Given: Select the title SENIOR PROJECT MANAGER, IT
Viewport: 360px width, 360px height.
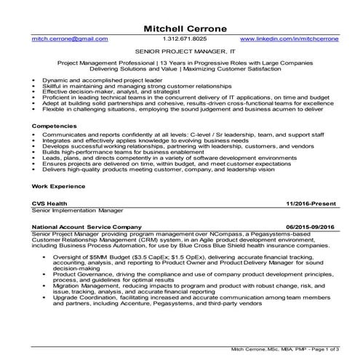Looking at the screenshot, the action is (180, 52).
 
